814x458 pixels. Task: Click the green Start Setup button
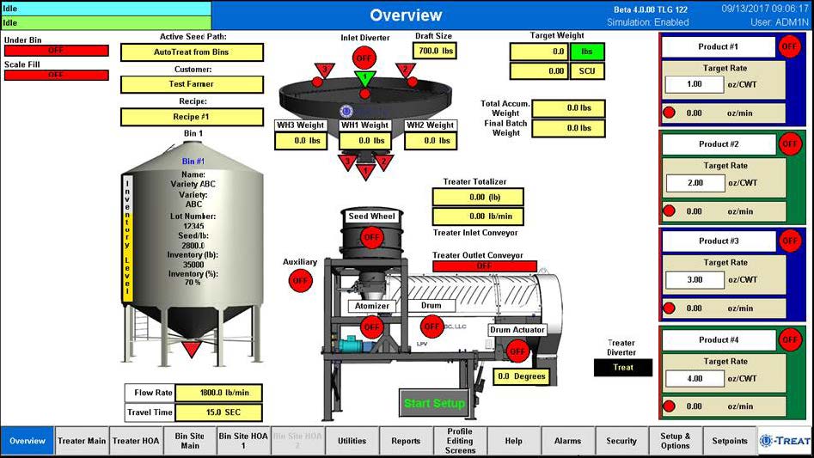point(434,403)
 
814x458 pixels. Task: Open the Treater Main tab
point(82,441)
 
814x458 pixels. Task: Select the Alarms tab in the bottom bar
point(567,441)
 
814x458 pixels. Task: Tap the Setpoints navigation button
point(730,441)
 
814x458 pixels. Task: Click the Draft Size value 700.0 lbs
point(434,51)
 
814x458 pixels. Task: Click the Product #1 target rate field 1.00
point(695,84)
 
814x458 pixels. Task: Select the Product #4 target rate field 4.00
point(695,378)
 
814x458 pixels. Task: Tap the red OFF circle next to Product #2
point(789,144)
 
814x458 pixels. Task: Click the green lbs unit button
point(587,52)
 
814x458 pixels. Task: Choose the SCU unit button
point(587,71)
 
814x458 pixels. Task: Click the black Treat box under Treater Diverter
point(623,368)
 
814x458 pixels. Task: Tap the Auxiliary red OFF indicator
point(300,280)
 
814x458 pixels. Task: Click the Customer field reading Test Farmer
point(192,84)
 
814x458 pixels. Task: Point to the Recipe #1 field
point(192,117)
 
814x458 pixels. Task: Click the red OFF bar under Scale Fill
point(56,76)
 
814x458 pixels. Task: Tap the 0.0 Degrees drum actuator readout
point(522,376)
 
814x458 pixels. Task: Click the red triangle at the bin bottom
point(192,348)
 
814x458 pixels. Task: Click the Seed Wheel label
point(371,217)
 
